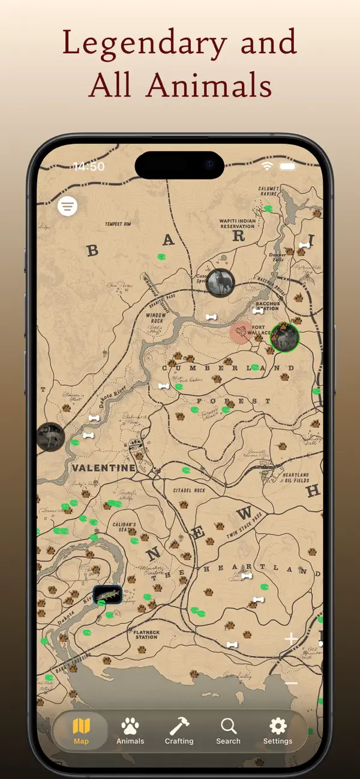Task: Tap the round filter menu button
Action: [68, 206]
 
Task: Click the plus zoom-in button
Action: [291, 639]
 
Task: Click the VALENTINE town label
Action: [103, 468]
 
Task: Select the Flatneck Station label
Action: [146, 634]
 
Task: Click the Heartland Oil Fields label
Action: [296, 477]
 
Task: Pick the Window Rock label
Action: [156, 318]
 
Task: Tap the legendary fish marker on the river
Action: [108, 594]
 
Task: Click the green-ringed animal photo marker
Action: [284, 337]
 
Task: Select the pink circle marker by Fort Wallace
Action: [241, 332]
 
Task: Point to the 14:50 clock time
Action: [89, 166]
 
